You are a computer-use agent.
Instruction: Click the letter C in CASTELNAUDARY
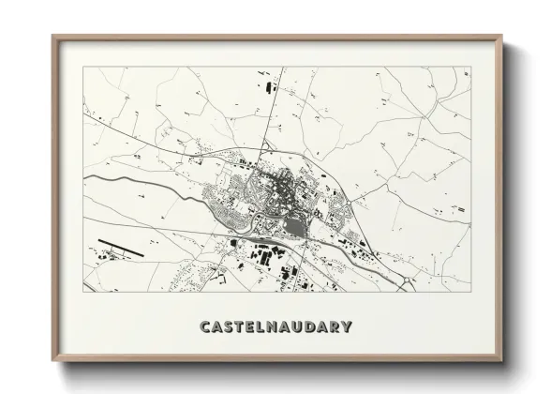coord(205,327)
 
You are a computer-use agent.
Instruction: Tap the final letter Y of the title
coord(347,327)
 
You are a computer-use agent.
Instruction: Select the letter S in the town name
coord(230,327)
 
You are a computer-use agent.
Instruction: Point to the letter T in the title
coord(241,327)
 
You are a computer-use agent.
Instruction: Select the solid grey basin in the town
coord(293,225)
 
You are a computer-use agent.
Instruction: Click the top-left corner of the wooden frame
coord(53,37)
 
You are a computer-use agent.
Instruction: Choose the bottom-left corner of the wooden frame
coord(53,360)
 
